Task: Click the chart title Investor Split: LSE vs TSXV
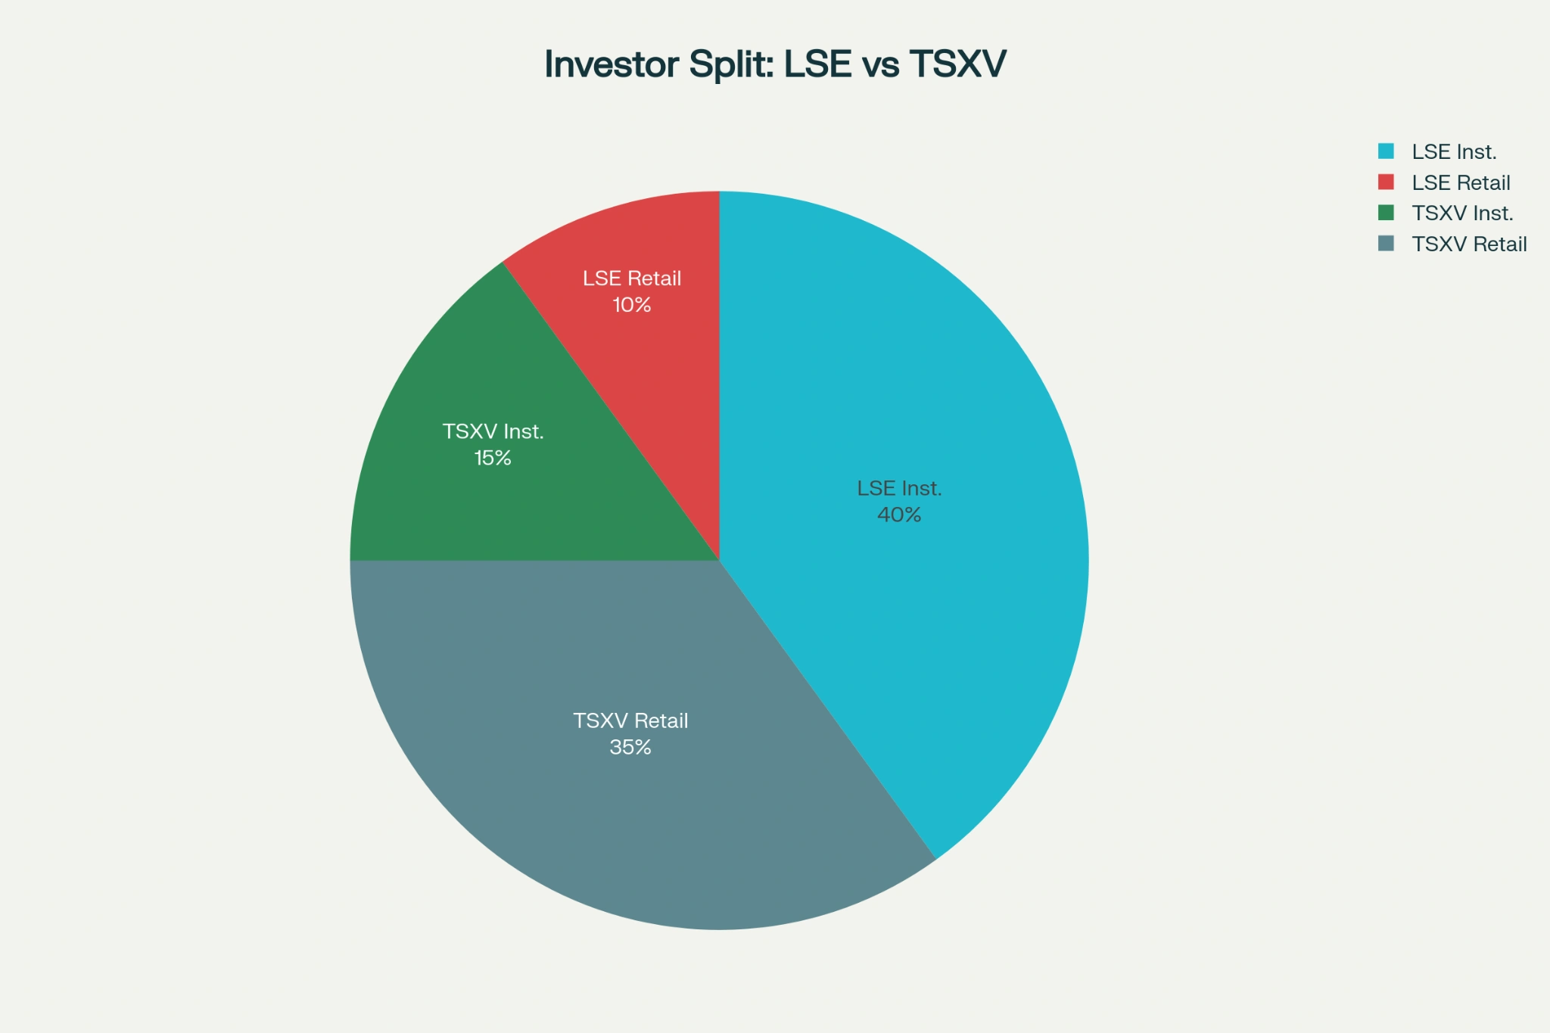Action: (x=775, y=64)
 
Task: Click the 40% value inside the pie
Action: (x=899, y=515)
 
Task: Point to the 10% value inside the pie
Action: (x=632, y=305)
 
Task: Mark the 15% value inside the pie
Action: (x=493, y=459)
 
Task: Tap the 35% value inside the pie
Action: (x=630, y=748)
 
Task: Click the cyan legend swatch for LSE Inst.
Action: (x=1386, y=151)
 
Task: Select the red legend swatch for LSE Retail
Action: (x=1386, y=182)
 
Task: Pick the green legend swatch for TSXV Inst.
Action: (x=1386, y=213)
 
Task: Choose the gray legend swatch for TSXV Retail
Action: (x=1386, y=244)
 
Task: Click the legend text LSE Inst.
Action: (x=1454, y=152)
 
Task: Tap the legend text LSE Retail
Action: (x=1461, y=183)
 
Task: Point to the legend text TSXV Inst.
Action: (x=1462, y=213)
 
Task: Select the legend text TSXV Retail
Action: (x=1469, y=244)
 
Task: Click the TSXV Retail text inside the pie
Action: (x=630, y=721)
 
